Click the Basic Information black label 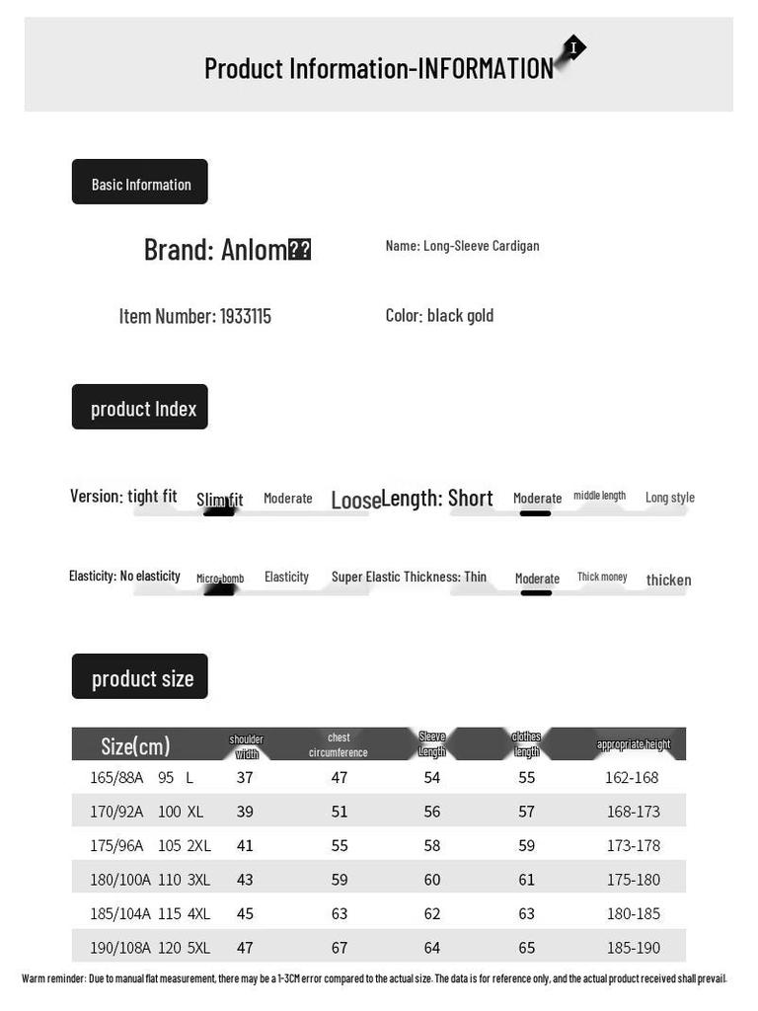tap(140, 183)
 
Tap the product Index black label tap(140, 408)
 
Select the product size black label tap(140, 677)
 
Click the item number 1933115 tap(245, 316)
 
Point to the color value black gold tap(460, 316)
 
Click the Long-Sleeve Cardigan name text tap(481, 246)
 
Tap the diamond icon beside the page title tap(572, 48)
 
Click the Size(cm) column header tap(135, 745)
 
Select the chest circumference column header tap(339, 744)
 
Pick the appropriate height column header tap(634, 744)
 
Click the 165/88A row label tap(116, 778)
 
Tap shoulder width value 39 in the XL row tap(245, 812)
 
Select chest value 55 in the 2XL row tap(340, 845)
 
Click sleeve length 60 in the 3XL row tap(432, 880)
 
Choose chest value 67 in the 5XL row tap(340, 948)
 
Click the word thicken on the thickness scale tap(668, 580)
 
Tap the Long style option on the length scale tap(670, 498)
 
